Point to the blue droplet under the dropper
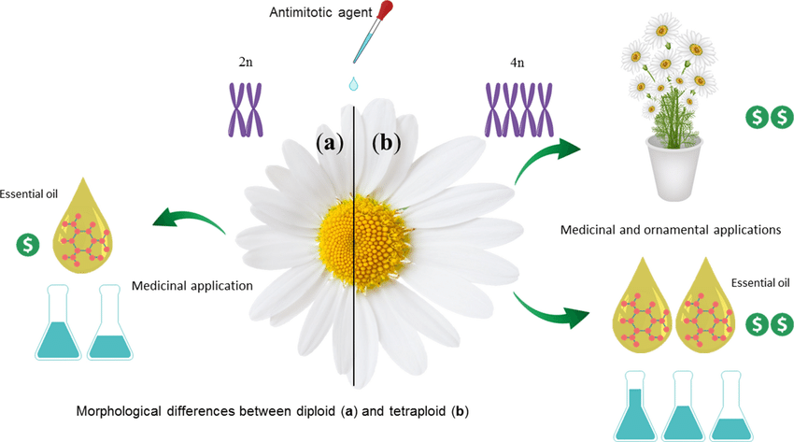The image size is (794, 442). coord(353,84)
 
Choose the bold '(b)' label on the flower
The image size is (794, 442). coord(385,143)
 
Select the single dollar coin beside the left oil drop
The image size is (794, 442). coord(29,246)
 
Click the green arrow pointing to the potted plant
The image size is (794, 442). coord(547,156)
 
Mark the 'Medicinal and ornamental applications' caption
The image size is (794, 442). coord(670,228)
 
